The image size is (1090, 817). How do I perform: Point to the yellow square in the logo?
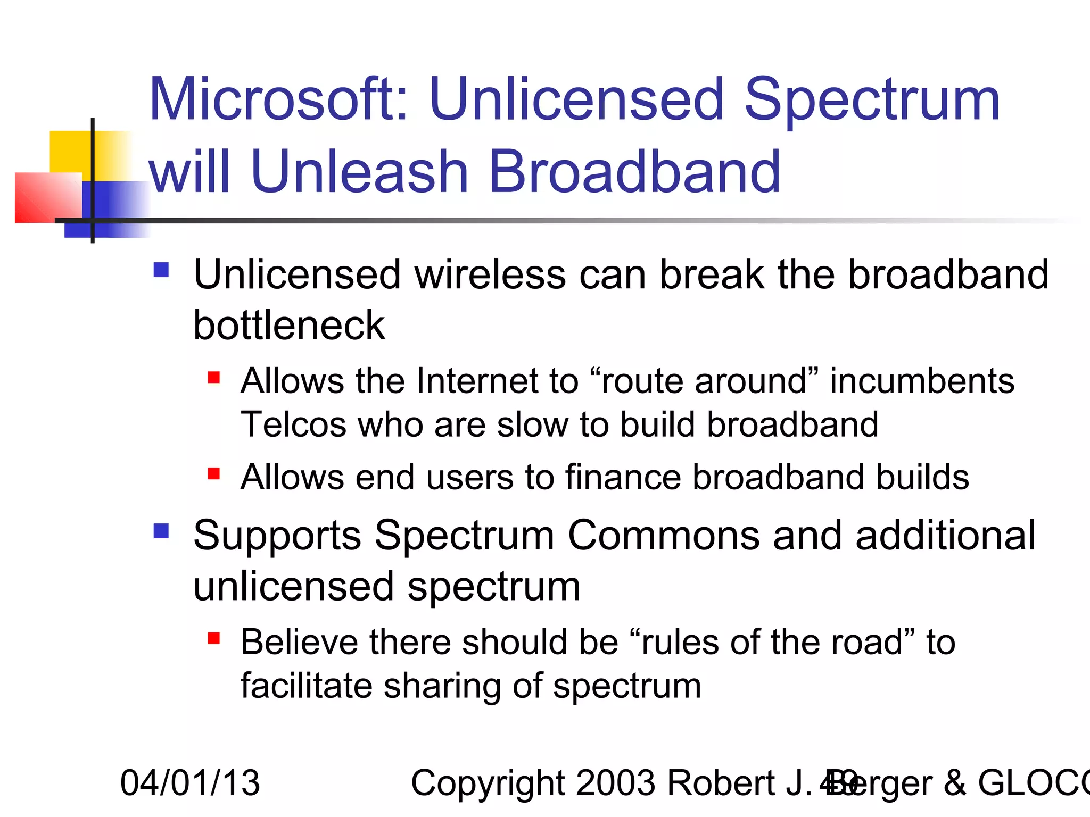click(x=72, y=152)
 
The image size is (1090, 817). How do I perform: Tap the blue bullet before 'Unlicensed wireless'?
click(x=161, y=270)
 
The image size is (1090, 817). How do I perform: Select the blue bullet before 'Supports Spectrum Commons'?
click(x=161, y=531)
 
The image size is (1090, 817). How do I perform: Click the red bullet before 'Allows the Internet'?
click(x=214, y=378)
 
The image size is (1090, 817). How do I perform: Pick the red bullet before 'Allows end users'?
click(x=214, y=473)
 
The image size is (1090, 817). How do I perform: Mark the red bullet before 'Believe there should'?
click(x=214, y=638)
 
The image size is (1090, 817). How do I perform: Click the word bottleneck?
click(x=289, y=325)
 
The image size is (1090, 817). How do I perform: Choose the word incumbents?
click(x=922, y=381)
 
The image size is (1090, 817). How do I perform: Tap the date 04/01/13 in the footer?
click(x=190, y=783)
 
